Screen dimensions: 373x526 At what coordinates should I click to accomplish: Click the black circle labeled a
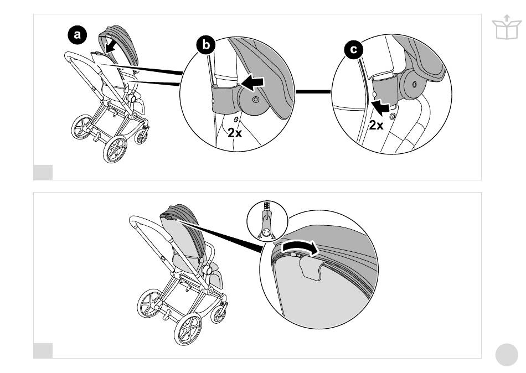click(78, 36)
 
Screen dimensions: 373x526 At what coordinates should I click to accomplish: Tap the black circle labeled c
click(352, 50)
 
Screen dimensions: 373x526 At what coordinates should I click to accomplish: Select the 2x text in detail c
click(377, 125)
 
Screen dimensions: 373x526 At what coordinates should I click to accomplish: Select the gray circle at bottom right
click(506, 355)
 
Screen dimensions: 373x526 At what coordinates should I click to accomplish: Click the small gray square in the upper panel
click(43, 172)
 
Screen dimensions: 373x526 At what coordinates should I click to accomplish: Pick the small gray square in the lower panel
click(43, 350)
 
